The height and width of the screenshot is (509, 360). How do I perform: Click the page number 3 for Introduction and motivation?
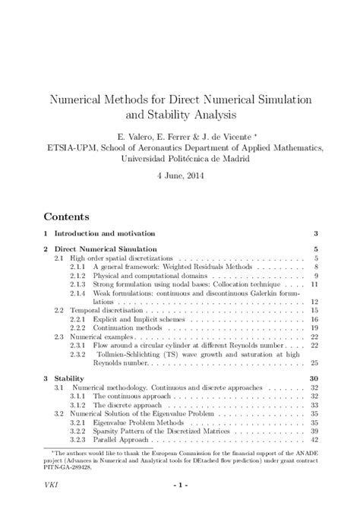[314, 232]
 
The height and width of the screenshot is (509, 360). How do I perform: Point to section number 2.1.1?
[78, 268]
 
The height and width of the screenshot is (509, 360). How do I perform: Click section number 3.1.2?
[78, 405]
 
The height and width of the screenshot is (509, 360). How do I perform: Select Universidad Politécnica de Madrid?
[180, 159]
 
